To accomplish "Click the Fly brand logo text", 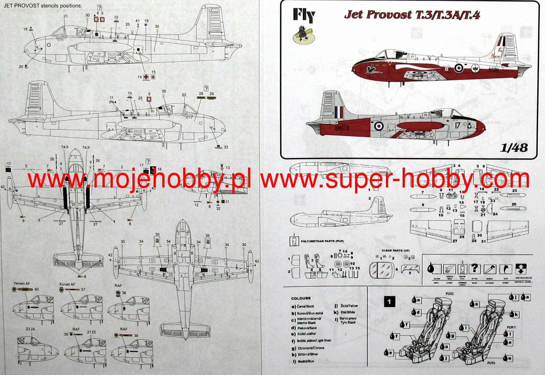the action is (303, 15).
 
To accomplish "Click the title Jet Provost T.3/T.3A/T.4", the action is (412, 15).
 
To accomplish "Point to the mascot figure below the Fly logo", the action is (303, 35).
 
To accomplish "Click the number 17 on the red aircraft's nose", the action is (457, 126).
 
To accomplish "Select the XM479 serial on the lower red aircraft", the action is (342, 128).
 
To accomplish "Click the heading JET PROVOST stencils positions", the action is (43, 6).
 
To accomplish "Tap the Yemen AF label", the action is (22, 284).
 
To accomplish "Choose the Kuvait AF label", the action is (67, 284).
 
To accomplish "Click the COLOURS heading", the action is (301, 298).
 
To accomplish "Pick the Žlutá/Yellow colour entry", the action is (348, 306).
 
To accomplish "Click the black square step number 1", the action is (389, 302).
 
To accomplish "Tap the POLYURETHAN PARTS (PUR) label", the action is (322, 241).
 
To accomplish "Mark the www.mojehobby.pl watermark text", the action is (139, 180).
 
